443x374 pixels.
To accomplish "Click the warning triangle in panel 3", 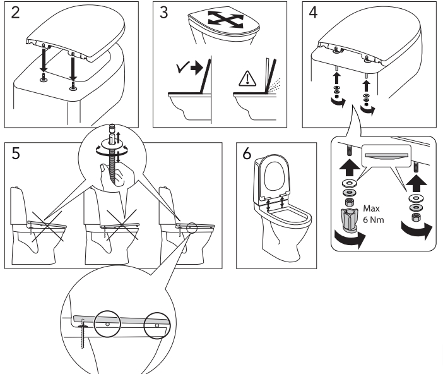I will tap(244, 80).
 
